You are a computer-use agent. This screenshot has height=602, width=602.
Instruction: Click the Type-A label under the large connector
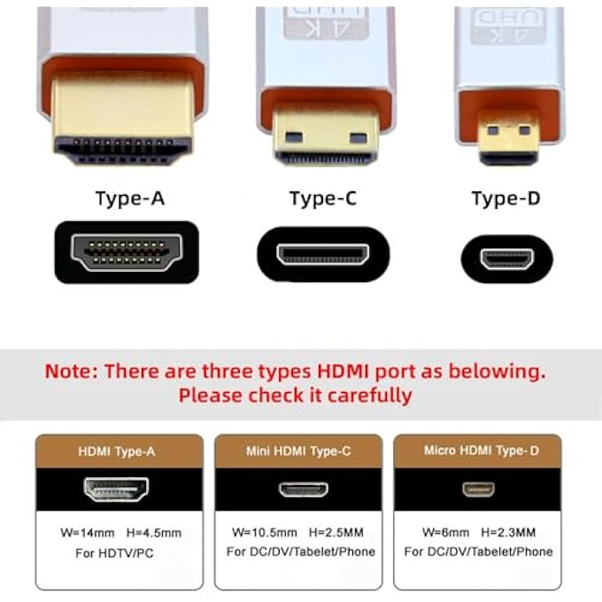pyautogui.click(x=130, y=198)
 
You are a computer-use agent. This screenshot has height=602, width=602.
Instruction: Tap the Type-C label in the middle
pyautogui.click(x=323, y=198)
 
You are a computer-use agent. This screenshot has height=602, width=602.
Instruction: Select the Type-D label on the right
pyautogui.click(x=506, y=198)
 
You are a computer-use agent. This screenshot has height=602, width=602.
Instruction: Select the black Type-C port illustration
pyautogui.click(x=323, y=254)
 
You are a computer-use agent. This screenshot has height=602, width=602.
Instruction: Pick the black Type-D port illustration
pyautogui.click(x=506, y=259)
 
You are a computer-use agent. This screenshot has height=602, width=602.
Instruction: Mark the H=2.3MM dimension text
pyautogui.click(x=514, y=533)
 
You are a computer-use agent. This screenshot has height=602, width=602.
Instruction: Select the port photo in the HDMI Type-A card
pyautogui.click(x=116, y=489)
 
